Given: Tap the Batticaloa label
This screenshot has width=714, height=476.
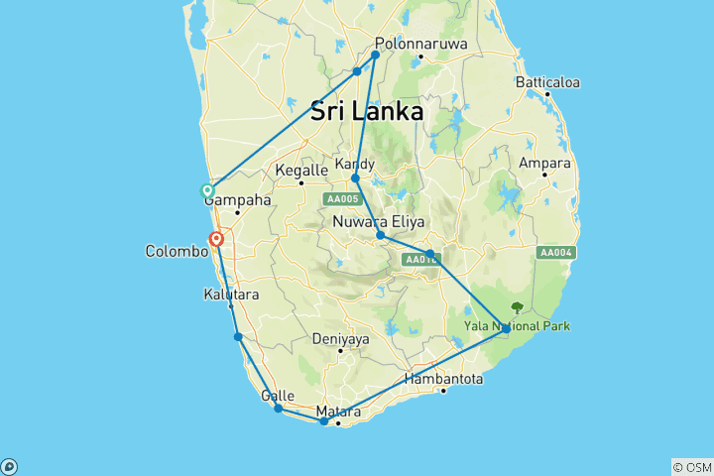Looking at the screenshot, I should pyautogui.click(x=547, y=82).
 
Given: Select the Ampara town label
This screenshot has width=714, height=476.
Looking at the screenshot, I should pyautogui.click(x=543, y=163).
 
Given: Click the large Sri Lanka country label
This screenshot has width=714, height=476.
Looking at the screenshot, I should pyautogui.click(x=367, y=111).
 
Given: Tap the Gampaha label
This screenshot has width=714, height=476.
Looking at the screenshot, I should pyautogui.click(x=238, y=199).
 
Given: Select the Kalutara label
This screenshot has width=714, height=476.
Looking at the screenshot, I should pyautogui.click(x=230, y=295).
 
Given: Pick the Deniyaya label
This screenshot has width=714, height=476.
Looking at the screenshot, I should pyautogui.click(x=340, y=338).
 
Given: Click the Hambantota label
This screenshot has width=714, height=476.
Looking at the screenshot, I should pyautogui.click(x=444, y=378).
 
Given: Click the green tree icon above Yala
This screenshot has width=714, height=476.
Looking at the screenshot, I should pyautogui.click(x=516, y=307).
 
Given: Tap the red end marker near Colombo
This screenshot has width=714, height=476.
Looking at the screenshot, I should pyautogui.click(x=215, y=239).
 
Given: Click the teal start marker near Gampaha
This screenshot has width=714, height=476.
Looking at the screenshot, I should pyautogui.click(x=207, y=190).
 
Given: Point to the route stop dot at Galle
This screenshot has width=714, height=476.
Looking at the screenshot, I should pyautogui.click(x=279, y=409).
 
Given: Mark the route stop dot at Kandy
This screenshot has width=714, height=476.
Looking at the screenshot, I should pyautogui.click(x=355, y=178).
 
